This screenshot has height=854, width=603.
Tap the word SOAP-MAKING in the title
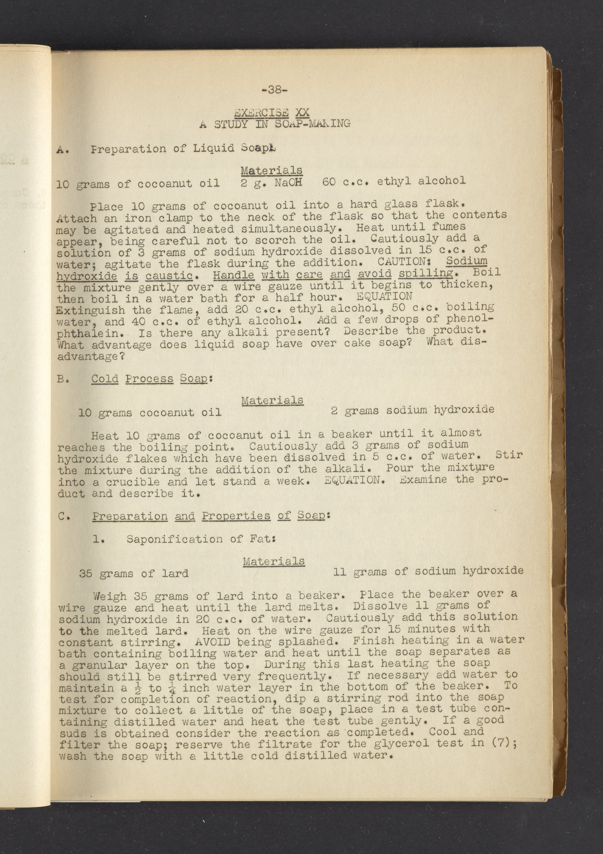coord(312,123)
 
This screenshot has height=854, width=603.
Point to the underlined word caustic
coord(169,276)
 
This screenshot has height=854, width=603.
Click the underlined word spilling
coord(426,273)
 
